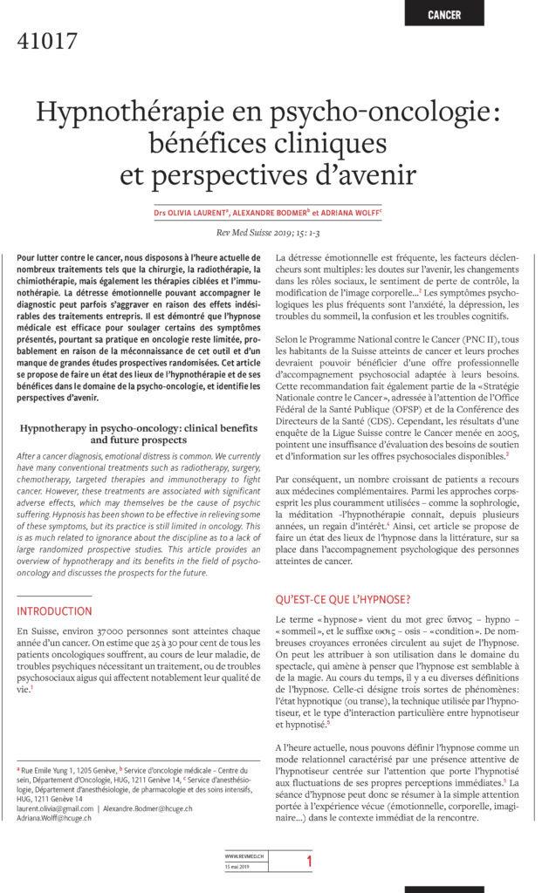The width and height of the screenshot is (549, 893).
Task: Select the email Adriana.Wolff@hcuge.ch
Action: pyautogui.click(x=54, y=818)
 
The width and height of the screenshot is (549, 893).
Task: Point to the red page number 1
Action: pyautogui.click(x=307, y=862)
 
